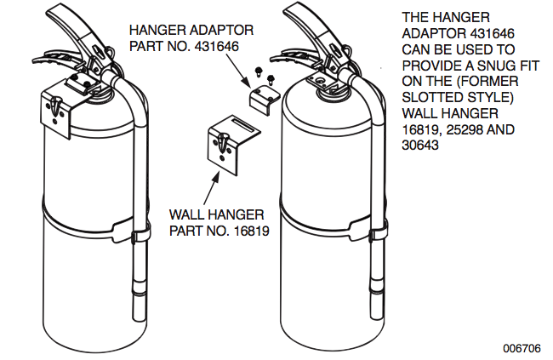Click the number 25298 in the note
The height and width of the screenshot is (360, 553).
[458, 129]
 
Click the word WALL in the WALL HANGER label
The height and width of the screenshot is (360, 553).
[187, 214]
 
